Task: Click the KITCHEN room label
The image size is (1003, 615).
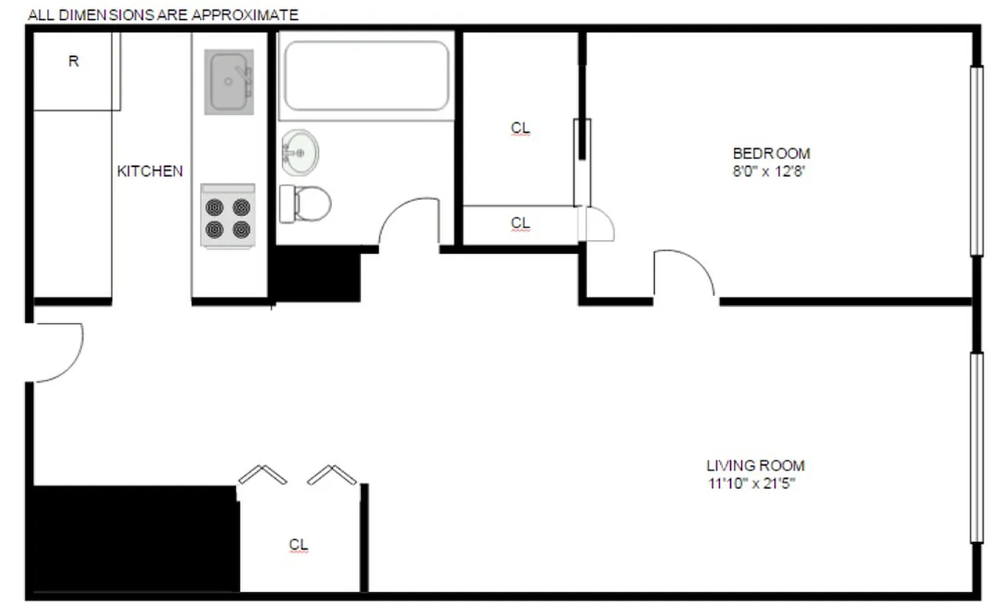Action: (x=150, y=171)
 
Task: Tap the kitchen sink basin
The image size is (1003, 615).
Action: (x=228, y=82)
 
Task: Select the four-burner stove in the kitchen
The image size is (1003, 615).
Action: (x=228, y=216)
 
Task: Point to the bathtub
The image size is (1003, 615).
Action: (x=366, y=76)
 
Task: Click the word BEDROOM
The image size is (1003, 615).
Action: (x=771, y=153)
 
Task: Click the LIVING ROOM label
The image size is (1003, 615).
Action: (x=756, y=465)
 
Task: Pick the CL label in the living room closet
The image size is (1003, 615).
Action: (x=298, y=544)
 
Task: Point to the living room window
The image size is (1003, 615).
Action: (x=976, y=447)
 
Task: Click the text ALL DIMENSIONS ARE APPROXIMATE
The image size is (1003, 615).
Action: (x=163, y=15)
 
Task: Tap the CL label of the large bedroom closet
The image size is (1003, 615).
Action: (x=520, y=128)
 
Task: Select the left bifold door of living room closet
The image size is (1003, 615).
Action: (x=261, y=475)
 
